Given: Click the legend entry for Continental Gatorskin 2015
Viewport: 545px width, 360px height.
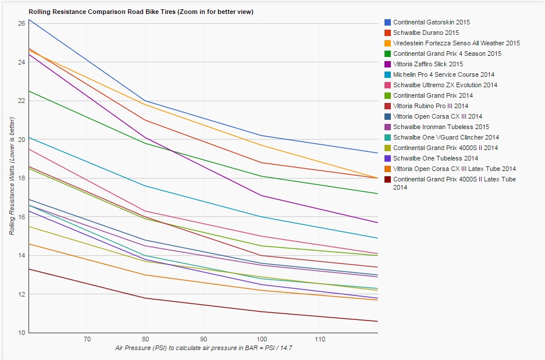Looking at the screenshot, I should pos(431,22).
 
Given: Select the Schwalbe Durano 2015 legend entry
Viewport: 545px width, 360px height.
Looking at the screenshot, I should pos(426,33).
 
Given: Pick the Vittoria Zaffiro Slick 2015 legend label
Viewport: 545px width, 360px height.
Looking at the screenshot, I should pos(428,64).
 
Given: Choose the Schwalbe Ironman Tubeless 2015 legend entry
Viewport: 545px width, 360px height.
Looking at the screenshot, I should pos(441,127).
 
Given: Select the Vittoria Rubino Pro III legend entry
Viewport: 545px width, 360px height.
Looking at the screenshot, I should pos(430,106).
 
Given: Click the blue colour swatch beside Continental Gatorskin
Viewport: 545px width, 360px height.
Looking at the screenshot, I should pos(387,22).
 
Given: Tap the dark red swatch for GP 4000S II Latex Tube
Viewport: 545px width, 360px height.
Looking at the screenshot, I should pos(387,179).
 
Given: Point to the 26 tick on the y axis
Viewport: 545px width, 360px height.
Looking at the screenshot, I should pos(22,23).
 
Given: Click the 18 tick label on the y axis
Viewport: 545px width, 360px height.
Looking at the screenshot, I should pos(22,178).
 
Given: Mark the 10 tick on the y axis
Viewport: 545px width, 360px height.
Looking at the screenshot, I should pos(22,333).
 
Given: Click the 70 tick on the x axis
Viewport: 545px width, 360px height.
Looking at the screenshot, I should pos(87,338).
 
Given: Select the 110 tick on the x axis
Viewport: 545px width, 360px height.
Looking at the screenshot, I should pos(320,338).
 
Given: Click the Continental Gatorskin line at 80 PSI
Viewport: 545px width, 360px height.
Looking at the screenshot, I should pos(145,101).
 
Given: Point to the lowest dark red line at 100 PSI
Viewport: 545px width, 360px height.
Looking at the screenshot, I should pos(262,311).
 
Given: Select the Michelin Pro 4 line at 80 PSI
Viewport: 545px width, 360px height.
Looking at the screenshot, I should pos(145,186).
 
